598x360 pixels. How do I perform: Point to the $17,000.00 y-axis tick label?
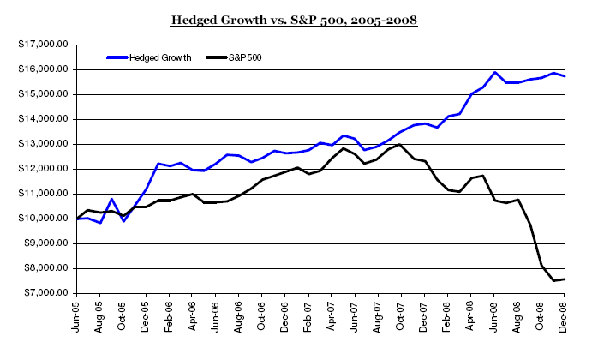44,45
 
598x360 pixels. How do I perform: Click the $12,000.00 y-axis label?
44,169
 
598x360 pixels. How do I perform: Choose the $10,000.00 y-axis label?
44,219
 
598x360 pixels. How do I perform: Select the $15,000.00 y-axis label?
44,94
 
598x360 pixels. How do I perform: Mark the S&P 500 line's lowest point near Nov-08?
553,280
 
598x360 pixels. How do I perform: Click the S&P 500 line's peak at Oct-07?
399,144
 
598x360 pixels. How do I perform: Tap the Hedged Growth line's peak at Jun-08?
495,73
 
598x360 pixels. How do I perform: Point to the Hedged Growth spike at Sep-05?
111,199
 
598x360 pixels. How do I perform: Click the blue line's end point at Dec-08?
565,76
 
